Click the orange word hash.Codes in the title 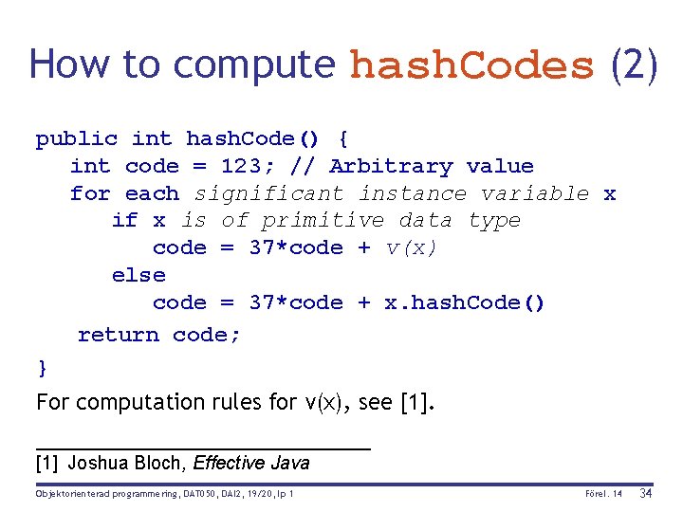471,64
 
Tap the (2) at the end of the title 634,64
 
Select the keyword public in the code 77,139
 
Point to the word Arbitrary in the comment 391,167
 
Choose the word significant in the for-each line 268,194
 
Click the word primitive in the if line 323,221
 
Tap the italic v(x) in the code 411,248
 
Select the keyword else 138,276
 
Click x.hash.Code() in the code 464,303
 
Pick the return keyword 118,335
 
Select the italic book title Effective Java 251,464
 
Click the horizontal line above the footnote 202,447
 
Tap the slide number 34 646,494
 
